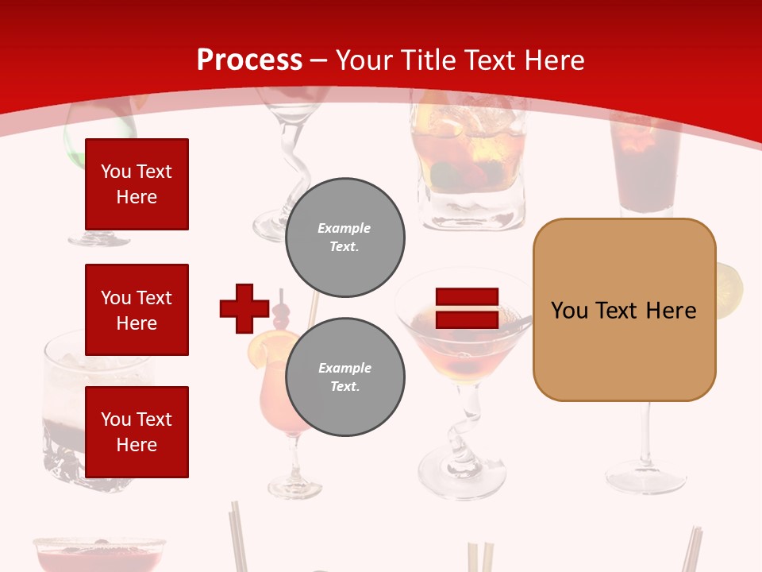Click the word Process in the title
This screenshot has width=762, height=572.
click(249, 60)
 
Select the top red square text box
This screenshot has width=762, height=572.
click(137, 184)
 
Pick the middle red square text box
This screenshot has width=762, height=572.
click(137, 310)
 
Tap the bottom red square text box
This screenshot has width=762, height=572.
click(137, 432)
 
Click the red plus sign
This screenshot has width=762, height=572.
click(244, 308)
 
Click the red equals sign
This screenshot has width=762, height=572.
click(467, 308)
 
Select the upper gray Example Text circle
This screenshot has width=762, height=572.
click(344, 237)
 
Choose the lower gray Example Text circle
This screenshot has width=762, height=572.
click(344, 377)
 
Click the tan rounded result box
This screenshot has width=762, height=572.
click(624, 310)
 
